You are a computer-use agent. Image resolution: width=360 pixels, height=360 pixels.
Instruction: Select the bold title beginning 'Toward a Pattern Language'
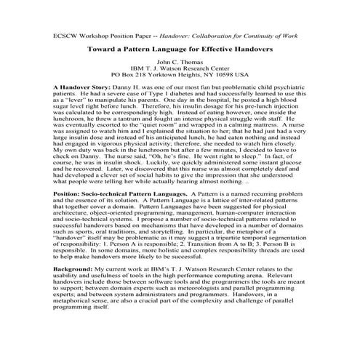(x=179, y=51)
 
